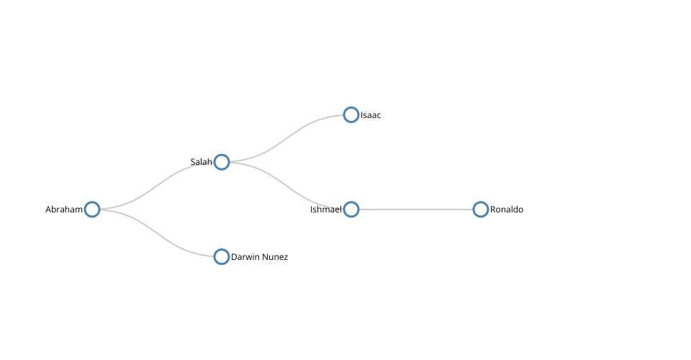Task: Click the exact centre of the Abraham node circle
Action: (92, 210)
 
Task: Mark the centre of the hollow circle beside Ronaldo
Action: (480, 210)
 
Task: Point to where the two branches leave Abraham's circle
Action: (100, 210)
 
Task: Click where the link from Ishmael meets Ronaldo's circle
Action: (473, 210)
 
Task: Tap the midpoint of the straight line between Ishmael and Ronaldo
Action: (415, 210)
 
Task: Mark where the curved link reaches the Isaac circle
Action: (343, 114)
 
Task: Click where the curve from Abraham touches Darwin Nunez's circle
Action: (214, 256)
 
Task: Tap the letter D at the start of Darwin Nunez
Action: (233, 257)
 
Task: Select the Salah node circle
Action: (222, 162)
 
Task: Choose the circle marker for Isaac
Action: (351, 114)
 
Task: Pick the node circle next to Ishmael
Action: (351, 210)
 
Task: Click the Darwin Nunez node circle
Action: (222, 256)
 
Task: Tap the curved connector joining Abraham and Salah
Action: (157, 186)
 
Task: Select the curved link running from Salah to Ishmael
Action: (286, 186)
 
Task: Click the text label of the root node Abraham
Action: (64, 210)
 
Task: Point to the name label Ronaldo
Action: (507, 210)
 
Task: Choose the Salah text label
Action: (202, 162)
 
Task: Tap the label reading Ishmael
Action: (325, 210)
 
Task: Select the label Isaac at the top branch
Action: (371, 115)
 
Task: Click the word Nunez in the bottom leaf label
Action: (276, 257)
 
